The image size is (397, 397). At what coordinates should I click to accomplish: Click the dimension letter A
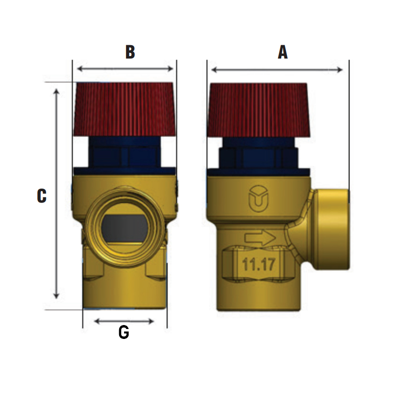282,52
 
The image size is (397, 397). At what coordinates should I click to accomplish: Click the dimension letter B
130,52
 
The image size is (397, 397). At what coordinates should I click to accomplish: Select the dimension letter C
42,196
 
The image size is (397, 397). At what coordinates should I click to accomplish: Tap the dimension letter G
124,332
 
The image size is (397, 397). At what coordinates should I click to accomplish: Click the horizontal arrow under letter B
125,69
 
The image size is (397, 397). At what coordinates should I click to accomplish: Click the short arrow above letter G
124,321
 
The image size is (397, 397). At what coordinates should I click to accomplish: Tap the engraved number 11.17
259,264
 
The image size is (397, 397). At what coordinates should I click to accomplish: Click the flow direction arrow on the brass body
260,238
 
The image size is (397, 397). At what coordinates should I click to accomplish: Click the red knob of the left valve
124,109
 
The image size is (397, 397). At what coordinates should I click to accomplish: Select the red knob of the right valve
260,110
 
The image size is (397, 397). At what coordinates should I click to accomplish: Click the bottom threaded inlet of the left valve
125,295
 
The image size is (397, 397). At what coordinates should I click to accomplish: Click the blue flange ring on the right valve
259,173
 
